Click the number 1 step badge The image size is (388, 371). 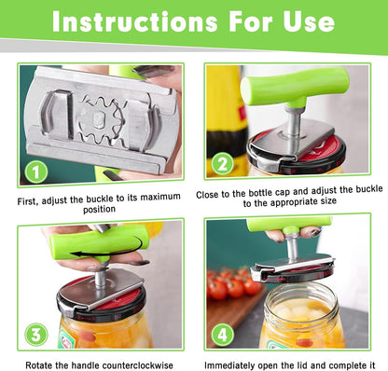click(35, 171)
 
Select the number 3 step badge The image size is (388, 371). click(34, 333)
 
